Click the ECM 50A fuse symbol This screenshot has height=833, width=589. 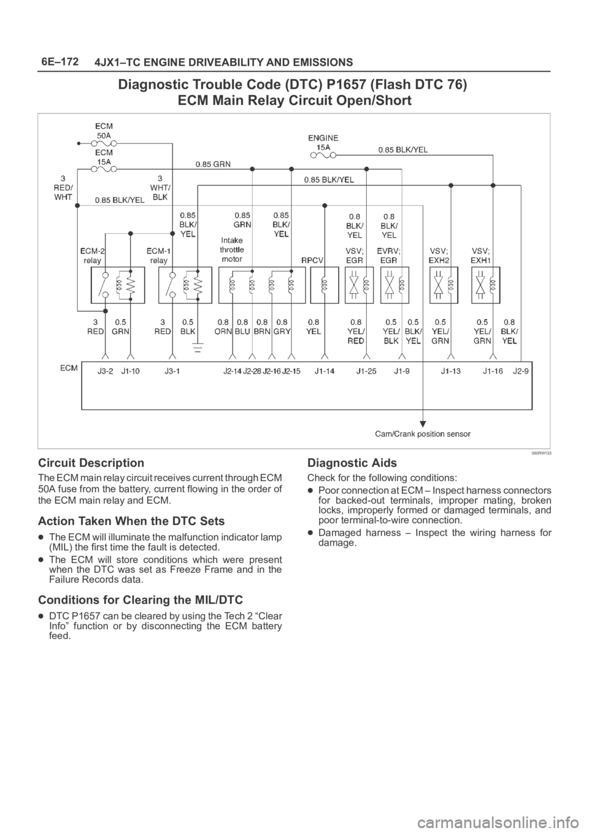(104, 143)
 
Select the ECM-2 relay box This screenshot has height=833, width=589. (118, 285)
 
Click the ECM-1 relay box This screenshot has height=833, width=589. (185, 285)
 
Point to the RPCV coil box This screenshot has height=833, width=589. (325, 285)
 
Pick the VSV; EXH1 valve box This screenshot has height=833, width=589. (486, 285)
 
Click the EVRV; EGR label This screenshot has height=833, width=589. (388, 255)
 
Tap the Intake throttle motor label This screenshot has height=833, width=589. (232, 250)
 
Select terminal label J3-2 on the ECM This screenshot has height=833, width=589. (106, 370)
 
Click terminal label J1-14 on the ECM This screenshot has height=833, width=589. (325, 370)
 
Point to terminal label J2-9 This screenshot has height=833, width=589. (520, 370)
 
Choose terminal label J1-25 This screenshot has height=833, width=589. (367, 370)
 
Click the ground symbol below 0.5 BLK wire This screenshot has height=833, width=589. (198, 348)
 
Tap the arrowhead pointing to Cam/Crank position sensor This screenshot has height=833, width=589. (423, 424)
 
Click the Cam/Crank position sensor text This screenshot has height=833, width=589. (423, 434)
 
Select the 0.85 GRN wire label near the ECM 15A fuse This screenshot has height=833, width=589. (213, 164)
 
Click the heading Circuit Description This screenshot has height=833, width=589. (91, 463)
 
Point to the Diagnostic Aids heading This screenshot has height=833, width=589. (352, 463)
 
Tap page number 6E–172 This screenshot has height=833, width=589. (60, 61)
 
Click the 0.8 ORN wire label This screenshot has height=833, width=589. (223, 326)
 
